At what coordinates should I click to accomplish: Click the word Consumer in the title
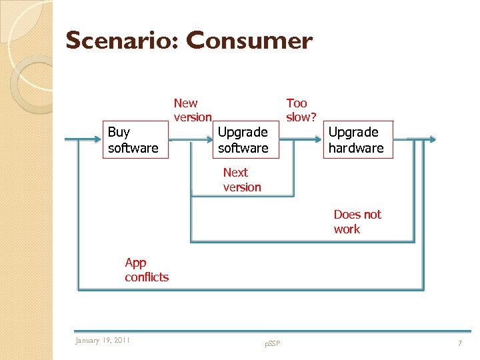(249, 41)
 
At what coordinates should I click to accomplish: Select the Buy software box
(135, 140)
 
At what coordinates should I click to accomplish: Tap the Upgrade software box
(243, 140)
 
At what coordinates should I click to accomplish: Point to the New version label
(192, 110)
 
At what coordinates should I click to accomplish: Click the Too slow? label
(301, 110)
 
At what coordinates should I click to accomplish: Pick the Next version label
(242, 180)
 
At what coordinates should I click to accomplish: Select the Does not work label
(357, 221)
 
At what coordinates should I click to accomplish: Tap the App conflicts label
(147, 270)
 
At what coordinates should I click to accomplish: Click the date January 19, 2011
(103, 341)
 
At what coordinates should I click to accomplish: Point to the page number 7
(459, 343)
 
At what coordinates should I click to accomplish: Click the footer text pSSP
(272, 343)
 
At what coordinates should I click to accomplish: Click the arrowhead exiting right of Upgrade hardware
(432, 140)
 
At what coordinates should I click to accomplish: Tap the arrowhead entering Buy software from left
(97, 140)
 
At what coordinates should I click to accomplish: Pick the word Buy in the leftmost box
(119, 132)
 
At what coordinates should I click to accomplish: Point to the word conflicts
(147, 277)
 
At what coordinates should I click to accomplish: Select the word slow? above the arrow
(301, 117)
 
